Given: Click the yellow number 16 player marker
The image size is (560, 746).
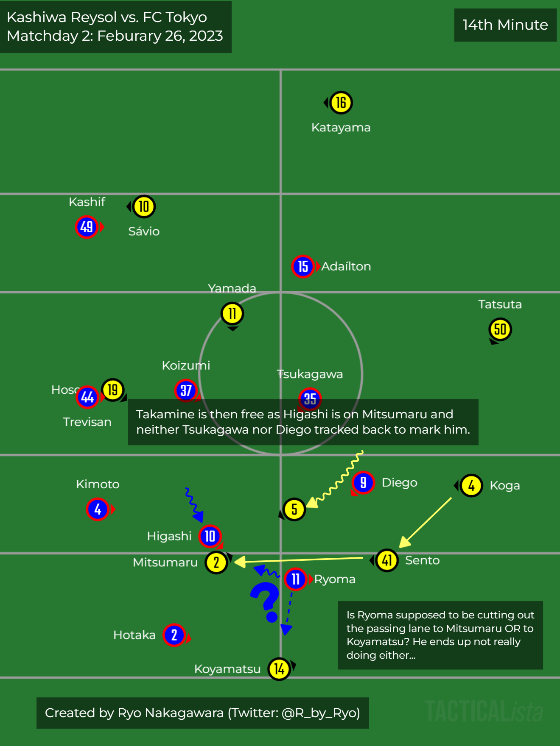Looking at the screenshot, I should tap(341, 103).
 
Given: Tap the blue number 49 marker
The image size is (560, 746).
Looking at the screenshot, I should tap(87, 227).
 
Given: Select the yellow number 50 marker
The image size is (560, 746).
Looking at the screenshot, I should tap(500, 329).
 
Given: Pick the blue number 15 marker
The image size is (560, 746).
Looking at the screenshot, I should tap(303, 267).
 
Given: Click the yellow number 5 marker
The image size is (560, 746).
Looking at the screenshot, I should tap(294, 509).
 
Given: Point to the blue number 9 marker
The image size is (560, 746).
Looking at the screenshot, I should tap(363, 483).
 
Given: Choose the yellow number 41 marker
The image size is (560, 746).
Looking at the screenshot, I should tap(386, 560).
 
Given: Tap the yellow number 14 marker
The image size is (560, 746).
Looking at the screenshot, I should tap(279, 669).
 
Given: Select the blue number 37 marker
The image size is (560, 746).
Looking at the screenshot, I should tap(186, 390).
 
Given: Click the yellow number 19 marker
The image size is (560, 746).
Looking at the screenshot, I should tap(112, 390).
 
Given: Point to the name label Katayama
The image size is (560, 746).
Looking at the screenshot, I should tap(341, 128).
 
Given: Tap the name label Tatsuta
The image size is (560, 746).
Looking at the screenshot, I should tap(500, 304).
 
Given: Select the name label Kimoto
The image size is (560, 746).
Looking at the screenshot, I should tap(98, 484).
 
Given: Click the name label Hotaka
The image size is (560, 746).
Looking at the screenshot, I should tap(134, 635).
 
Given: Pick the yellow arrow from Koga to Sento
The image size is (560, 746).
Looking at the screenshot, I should tap(426, 522).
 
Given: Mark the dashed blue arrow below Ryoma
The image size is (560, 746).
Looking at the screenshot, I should tap(288, 613).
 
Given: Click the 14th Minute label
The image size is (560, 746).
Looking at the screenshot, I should tap(505, 25).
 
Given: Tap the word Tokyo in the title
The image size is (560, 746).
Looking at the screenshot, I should tap(186, 17).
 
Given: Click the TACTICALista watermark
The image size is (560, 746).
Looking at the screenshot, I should tap(484, 711).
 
